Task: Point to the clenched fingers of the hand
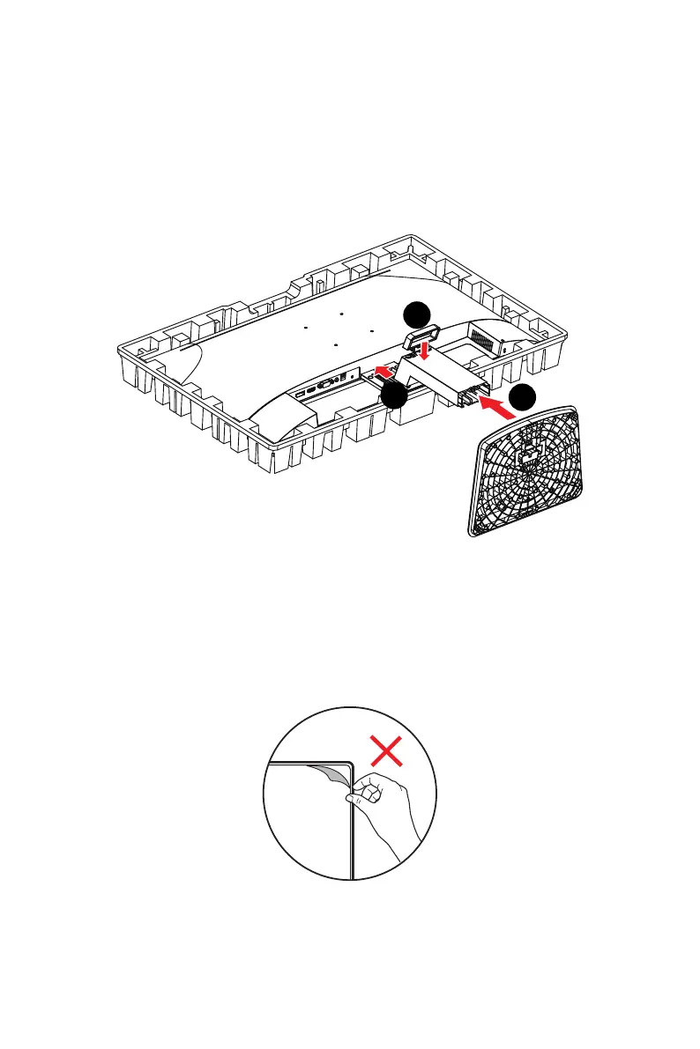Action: click(x=366, y=794)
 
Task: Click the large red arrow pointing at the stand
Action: click(x=500, y=407)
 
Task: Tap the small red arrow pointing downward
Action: click(x=425, y=351)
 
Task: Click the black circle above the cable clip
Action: click(x=416, y=314)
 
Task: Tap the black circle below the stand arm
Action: click(x=394, y=398)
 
